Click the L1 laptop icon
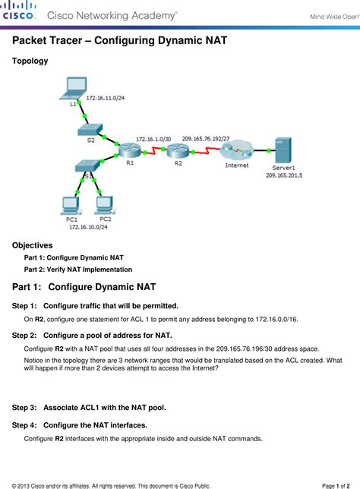click(76, 89)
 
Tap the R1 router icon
click(128, 151)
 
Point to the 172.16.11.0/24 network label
click(106, 98)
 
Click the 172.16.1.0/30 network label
click(153, 139)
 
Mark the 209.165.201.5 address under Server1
click(284, 175)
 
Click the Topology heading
click(30, 60)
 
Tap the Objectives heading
click(33, 245)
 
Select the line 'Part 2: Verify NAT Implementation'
click(78, 269)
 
